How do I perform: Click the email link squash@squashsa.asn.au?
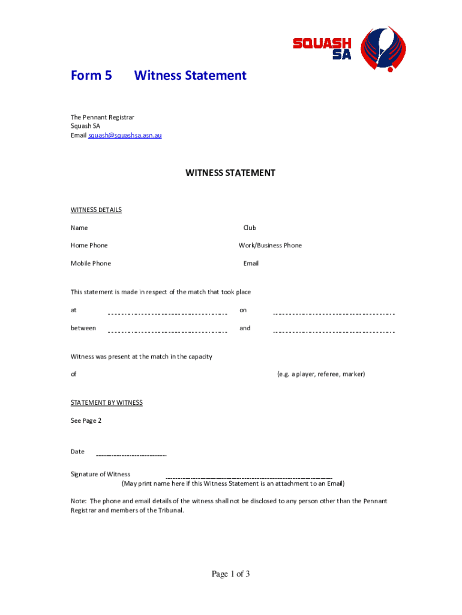[125, 136]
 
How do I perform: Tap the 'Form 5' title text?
[91, 76]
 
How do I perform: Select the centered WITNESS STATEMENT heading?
[230, 173]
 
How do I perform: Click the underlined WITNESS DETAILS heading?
[96, 210]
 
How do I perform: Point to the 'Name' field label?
[79, 228]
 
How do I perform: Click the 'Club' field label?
[250, 228]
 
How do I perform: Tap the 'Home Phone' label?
[89, 246]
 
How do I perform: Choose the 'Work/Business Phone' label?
[270, 246]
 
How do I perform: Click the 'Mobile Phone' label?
[91, 264]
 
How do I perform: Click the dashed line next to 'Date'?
[131, 455]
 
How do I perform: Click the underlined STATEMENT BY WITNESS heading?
[107, 403]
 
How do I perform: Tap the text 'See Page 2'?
[86, 421]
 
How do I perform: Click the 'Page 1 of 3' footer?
[230, 575]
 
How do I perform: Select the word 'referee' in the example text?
[330, 375]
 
